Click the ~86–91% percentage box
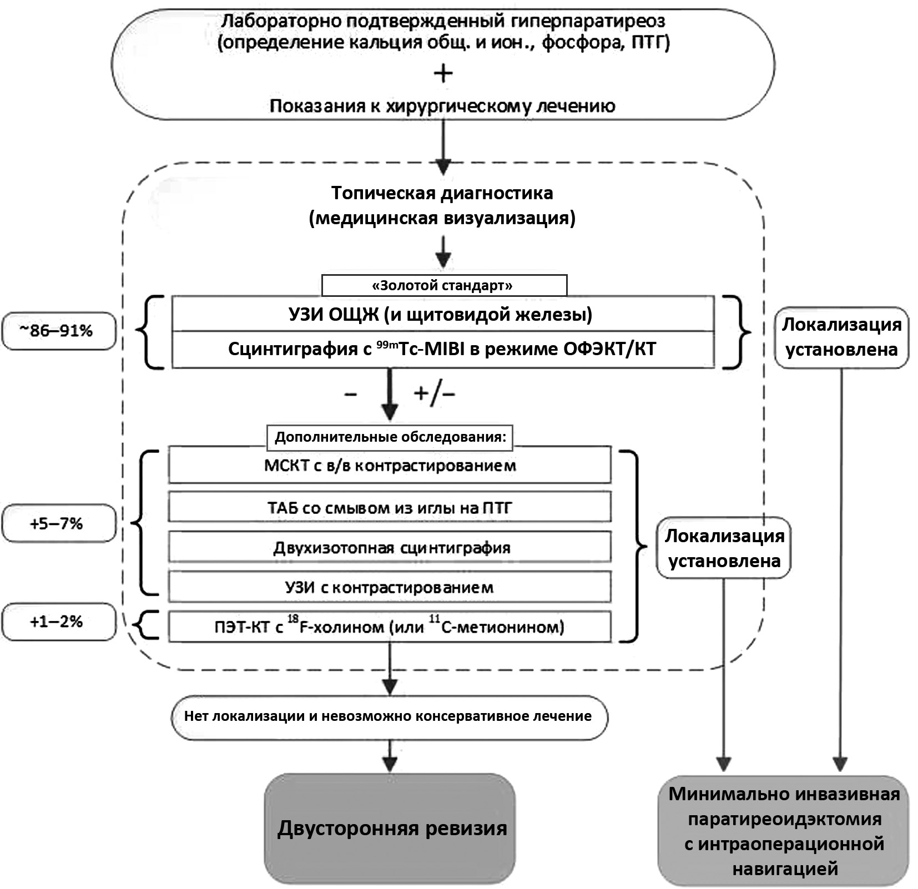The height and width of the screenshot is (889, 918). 59,331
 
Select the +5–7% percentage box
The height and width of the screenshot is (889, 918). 59,523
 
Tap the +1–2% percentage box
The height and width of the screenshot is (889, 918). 59,622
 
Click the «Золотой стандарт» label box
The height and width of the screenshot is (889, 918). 444,285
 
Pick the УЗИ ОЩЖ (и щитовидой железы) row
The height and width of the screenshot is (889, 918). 442,314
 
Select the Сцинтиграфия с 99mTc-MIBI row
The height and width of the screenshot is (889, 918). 442,349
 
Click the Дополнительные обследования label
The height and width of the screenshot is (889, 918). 390,437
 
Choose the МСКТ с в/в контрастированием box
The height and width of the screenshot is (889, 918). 390,465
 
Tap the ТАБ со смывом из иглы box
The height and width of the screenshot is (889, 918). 390,507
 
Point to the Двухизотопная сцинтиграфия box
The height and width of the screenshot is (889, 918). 390,548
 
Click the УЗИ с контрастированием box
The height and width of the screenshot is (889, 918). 390,587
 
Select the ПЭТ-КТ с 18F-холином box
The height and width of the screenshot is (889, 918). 390,627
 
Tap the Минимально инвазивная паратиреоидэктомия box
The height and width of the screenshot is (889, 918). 783,831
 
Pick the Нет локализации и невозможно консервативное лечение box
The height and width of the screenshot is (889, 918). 389,716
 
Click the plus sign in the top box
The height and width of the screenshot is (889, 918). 443,73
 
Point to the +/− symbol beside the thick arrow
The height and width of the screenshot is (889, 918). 434,393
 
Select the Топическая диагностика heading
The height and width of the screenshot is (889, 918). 442,193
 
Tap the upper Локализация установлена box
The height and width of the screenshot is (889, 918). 841,337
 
